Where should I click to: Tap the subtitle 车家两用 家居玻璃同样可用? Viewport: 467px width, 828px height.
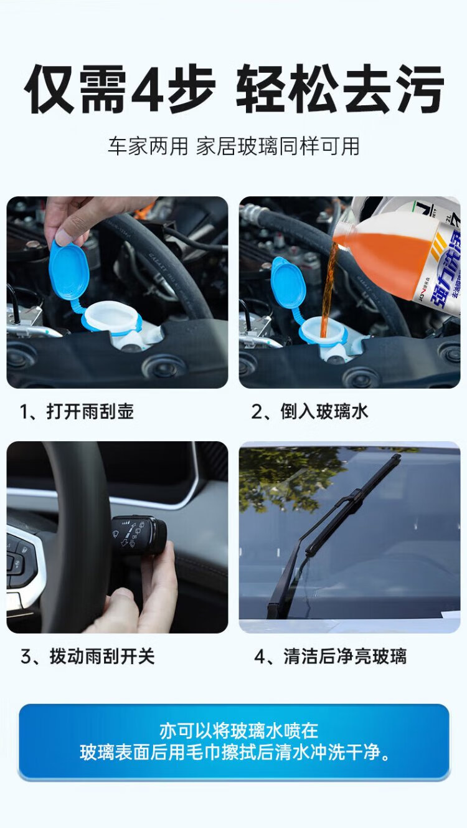[x=233, y=146]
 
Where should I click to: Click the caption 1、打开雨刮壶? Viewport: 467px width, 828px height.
[x=77, y=412]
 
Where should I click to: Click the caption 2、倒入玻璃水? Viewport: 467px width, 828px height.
[x=309, y=412]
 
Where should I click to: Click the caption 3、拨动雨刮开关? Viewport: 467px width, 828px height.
[x=88, y=657]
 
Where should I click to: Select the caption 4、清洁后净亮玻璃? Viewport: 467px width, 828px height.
[x=331, y=657]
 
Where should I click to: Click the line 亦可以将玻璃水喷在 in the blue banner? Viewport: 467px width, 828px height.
[x=238, y=730]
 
